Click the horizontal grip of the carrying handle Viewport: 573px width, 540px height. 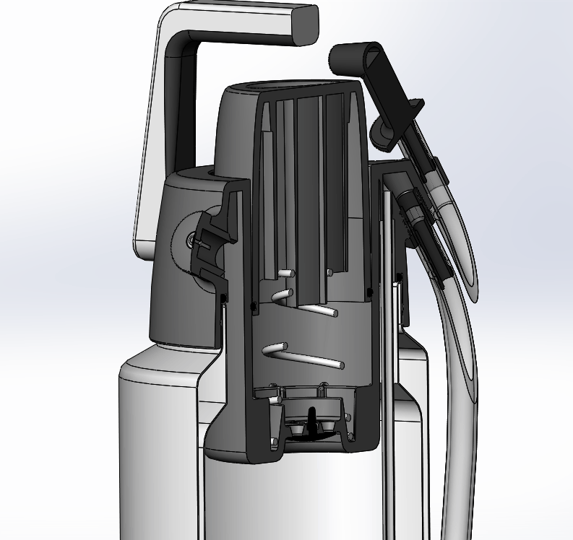[246, 22]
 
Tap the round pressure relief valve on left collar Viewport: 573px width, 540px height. [189, 240]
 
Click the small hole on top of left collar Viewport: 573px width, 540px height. [212, 173]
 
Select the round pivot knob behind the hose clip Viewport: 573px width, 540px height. [381, 134]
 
